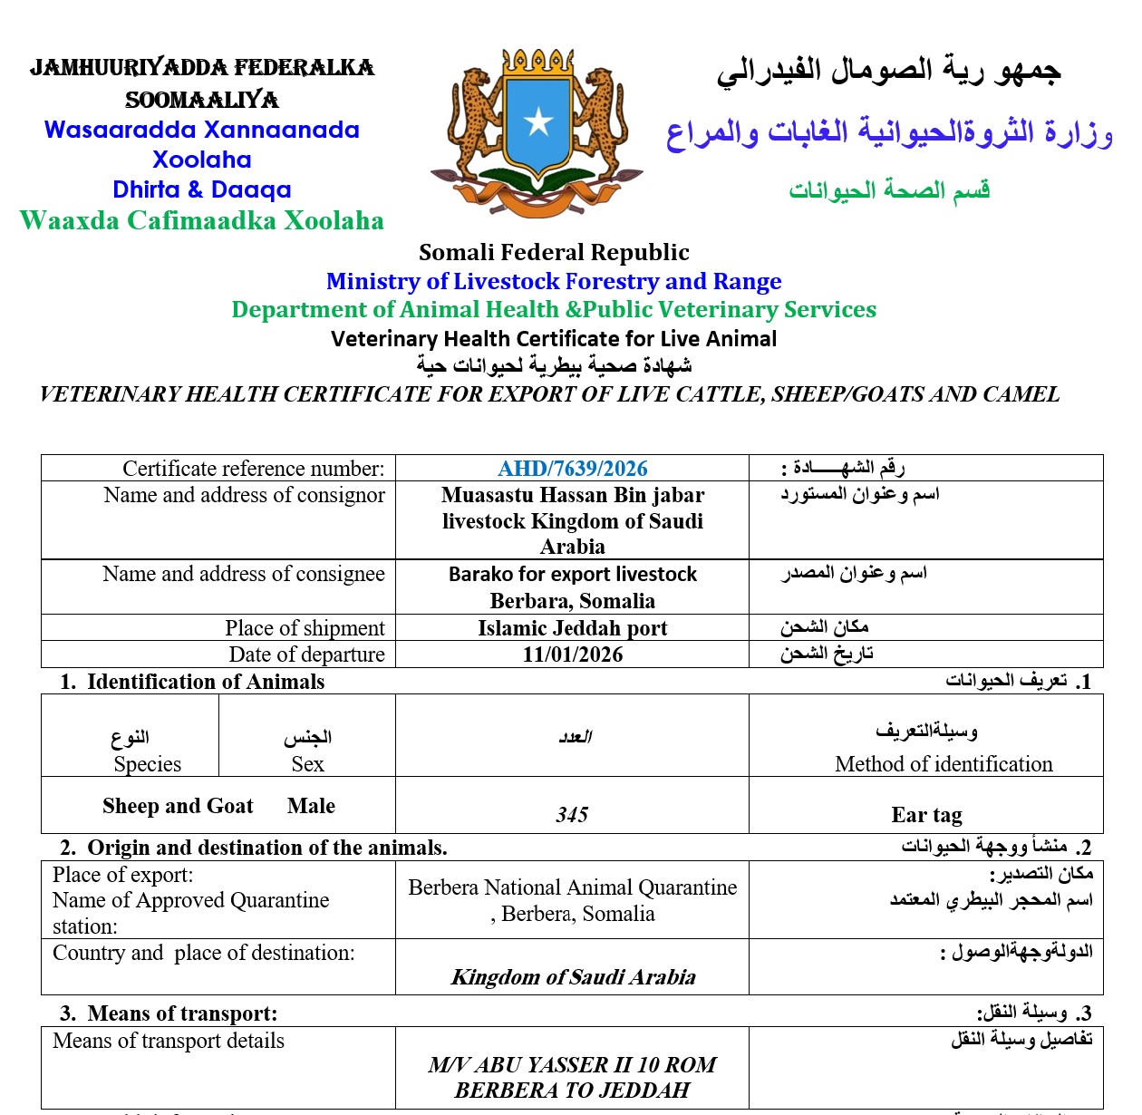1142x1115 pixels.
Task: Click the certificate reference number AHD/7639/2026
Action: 572,469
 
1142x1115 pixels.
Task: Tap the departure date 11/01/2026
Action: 572,654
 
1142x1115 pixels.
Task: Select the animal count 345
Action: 572,815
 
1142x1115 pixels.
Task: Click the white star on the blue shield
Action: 538,121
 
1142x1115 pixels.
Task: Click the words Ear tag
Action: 926,815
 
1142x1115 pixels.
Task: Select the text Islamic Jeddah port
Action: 572,628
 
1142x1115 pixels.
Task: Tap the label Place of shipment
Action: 305,628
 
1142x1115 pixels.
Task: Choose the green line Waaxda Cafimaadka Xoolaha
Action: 201,220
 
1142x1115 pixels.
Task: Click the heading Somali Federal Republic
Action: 554,252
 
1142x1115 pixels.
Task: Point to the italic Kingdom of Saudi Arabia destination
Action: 573,977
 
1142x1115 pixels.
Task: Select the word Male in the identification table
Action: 311,806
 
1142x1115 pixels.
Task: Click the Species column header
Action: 147,764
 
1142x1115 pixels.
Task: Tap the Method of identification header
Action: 944,764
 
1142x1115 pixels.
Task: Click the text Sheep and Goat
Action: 178,806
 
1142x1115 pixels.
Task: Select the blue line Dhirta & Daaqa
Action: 201,189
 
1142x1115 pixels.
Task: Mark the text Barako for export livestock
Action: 572,575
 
